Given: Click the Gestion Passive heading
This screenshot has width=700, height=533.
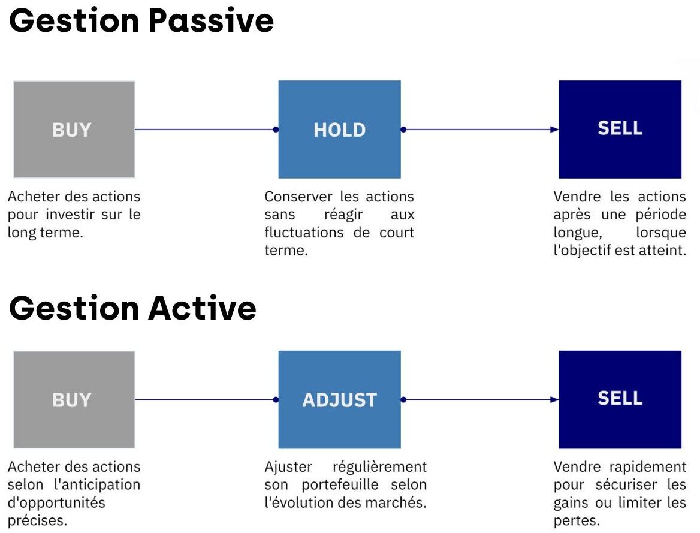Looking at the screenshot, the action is (x=141, y=21).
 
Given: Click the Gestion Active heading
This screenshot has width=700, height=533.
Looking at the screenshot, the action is (x=132, y=308).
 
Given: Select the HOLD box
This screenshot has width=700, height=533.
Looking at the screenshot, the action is (x=339, y=129).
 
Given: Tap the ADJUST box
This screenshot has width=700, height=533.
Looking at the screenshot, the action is (x=339, y=399).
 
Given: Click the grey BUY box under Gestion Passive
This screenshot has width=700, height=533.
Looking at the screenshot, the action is (x=74, y=129).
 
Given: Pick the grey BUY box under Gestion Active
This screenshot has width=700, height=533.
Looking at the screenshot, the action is (x=74, y=399).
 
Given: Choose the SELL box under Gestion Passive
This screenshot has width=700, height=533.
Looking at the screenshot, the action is (x=620, y=129).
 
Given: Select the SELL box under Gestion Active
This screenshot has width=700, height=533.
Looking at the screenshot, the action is (x=620, y=399).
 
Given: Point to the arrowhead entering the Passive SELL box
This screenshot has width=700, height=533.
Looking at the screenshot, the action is (x=554, y=130).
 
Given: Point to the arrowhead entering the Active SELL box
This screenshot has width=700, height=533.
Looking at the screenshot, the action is (x=554, y=399).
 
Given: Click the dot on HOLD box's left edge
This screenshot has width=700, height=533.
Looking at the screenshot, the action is (x=276, y=130).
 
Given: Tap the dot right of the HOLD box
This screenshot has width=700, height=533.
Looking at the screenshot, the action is (x=403, y=130).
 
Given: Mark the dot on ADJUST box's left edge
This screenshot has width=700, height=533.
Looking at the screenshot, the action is (x=276, y=399).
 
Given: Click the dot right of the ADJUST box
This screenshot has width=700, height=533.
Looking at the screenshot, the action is (x=403, y=399).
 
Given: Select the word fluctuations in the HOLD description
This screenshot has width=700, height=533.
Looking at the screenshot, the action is (x=304, y=232).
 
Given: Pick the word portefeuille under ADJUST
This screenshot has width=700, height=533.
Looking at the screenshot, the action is (x=340, y=485).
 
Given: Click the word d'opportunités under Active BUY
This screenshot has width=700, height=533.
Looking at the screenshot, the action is (x=56, y=503).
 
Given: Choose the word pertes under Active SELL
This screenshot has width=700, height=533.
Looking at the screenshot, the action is (x=577, y=521).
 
